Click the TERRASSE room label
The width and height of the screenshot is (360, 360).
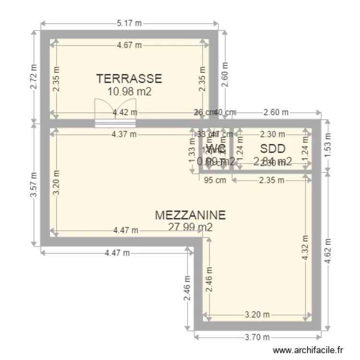(129, 79)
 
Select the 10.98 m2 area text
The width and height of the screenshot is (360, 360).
(130, 91)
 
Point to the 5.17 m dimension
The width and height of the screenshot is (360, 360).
(130, 23)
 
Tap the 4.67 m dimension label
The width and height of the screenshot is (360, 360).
(130, 46)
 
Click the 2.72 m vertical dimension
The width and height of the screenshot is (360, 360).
(34, 77)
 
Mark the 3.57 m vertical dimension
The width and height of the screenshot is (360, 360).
(34, 185)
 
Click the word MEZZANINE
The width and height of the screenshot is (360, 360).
(190, 215)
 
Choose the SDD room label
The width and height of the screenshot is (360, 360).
(273, 148)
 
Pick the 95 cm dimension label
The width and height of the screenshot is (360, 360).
(215, 180)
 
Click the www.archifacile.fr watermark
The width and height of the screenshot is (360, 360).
(308, 351)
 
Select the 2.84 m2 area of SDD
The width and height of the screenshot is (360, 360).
(273, 161)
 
